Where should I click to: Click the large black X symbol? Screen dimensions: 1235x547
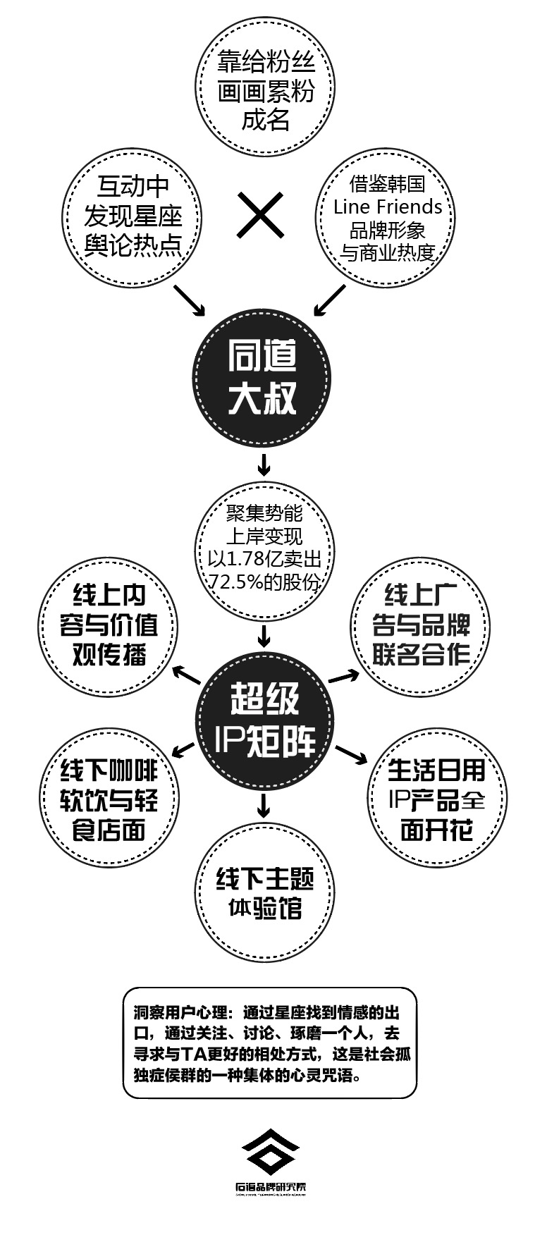261,215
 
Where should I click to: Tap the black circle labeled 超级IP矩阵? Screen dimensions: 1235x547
264,719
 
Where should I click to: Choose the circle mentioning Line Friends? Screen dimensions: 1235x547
388,218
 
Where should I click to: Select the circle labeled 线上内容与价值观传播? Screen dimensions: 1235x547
109,626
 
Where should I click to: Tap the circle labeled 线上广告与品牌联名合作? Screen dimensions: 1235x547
420,626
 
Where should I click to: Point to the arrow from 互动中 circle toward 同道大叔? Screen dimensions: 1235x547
189,300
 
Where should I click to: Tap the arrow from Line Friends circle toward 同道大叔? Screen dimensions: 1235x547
330,300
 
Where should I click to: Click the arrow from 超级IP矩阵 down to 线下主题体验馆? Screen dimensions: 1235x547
264,804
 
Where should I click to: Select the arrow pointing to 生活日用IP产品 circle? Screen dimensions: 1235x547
350,754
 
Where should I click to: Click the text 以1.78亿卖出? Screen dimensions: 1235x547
265,559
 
